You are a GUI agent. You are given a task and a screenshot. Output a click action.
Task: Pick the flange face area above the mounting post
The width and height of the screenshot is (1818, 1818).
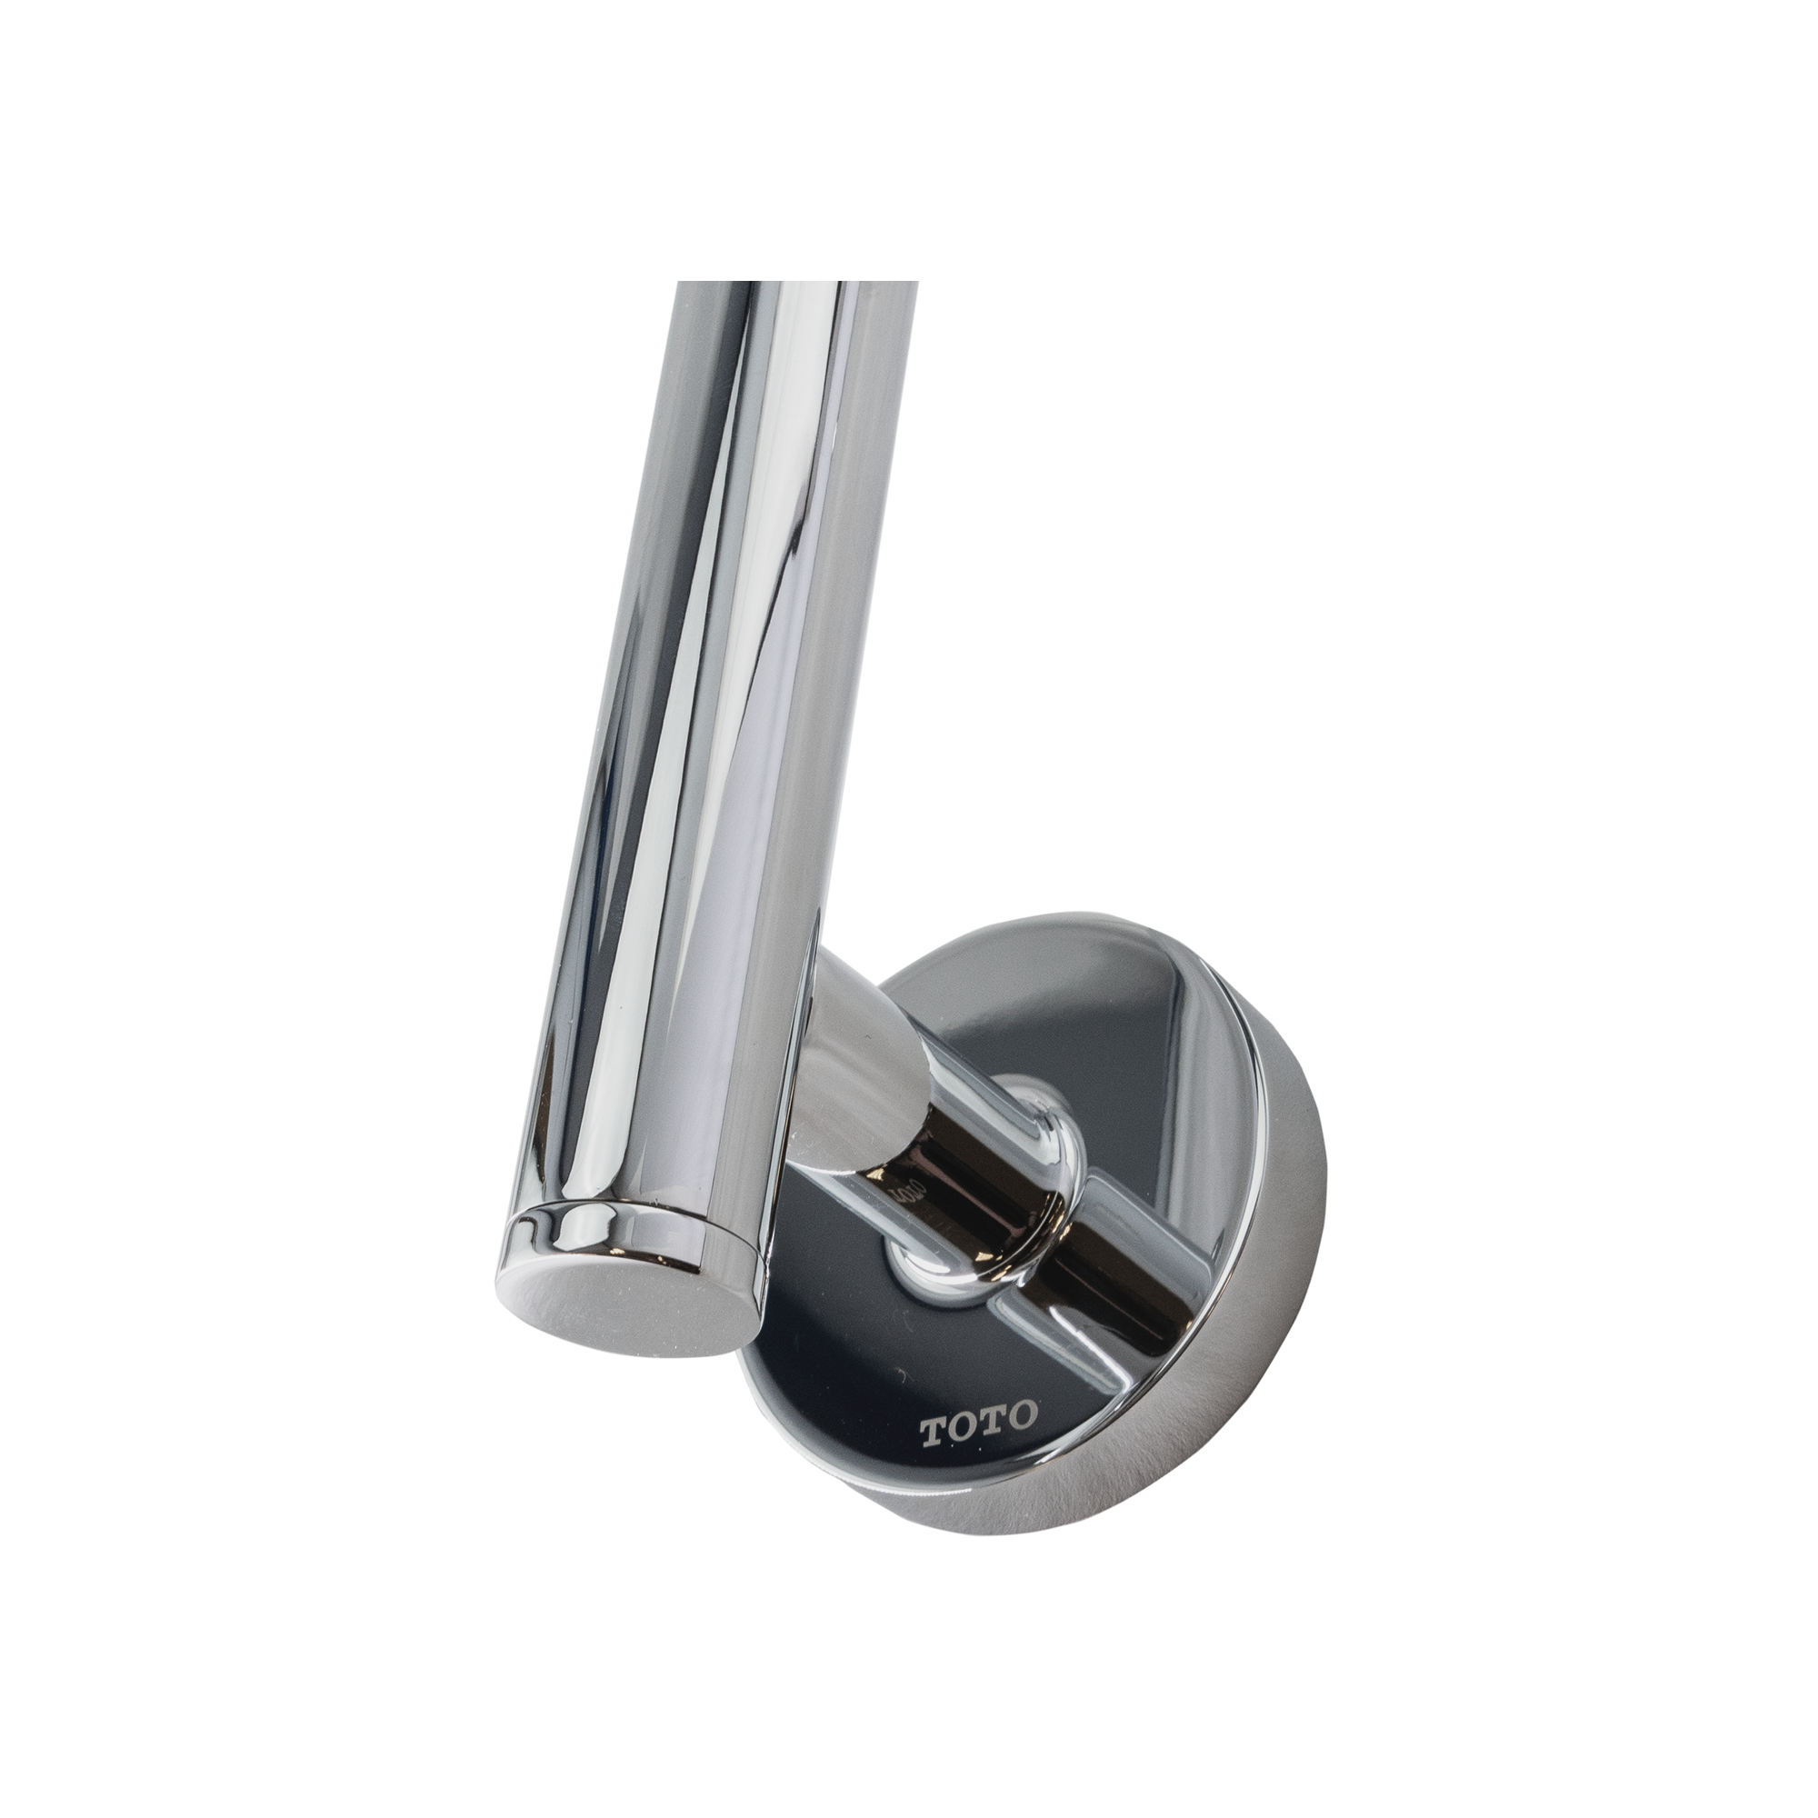(x=1082, y=1035)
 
